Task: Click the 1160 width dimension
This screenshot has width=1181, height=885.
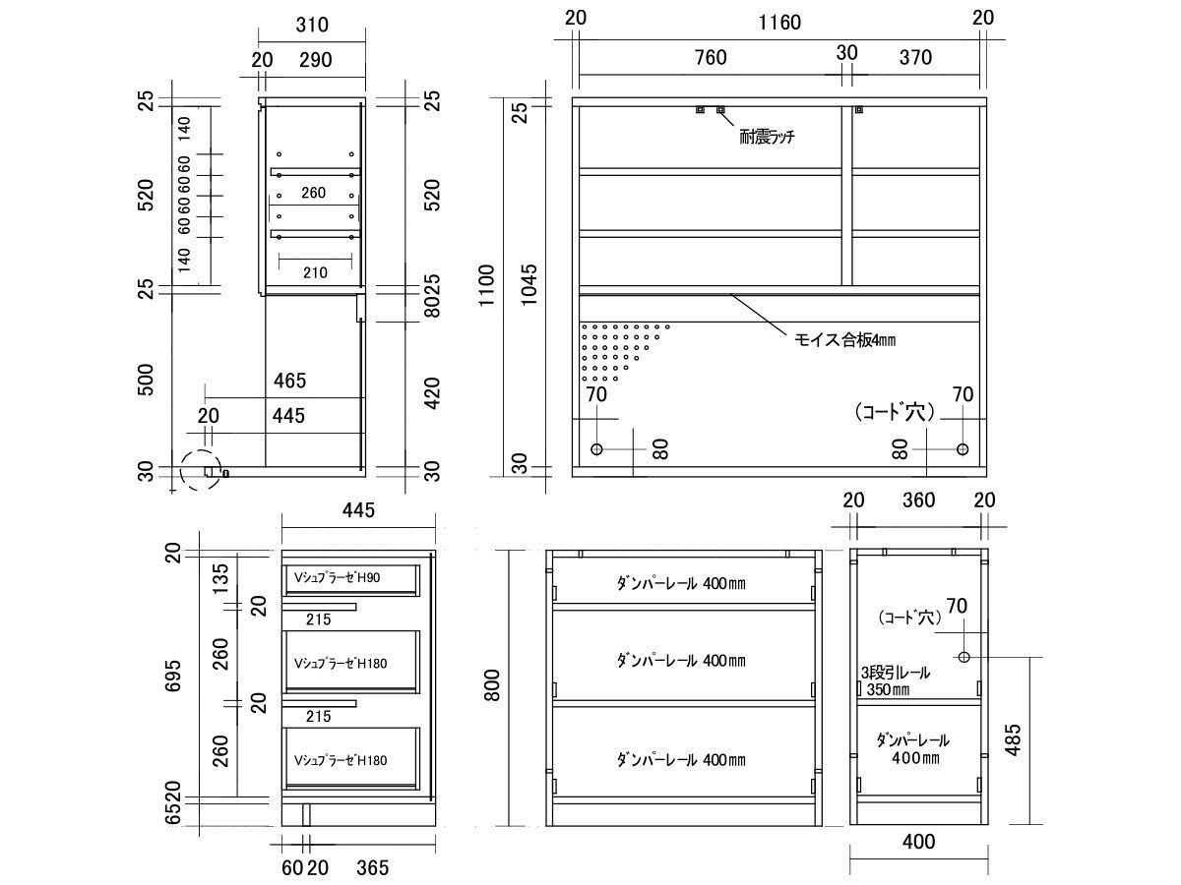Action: [x=779, y=23]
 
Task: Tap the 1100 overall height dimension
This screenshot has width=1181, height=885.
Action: [x=486, y=285]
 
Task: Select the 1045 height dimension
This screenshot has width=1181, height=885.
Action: [x=529, y=284]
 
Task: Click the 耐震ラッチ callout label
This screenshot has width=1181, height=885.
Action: [x=767, y=137]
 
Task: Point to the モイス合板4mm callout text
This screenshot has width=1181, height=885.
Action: [x=844, y=339]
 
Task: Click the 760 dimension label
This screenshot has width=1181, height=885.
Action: [x=711, y=57]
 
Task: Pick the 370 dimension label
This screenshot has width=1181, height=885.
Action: [x=915, y=57]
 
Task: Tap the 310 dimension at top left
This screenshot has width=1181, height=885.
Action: [x=312, y=25]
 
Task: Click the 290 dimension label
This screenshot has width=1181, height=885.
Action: [x=315, y=60]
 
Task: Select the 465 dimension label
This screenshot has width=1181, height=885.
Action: [x=289, y=381]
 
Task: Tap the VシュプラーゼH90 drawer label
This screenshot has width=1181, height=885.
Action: [x=337, y=577]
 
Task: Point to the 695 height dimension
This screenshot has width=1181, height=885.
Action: [x=173, y=676]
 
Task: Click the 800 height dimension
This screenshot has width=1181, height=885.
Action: [x=492, y=685]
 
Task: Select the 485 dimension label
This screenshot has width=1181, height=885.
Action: [x=1013, y=740]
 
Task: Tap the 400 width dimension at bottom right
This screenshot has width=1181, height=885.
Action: [x=918, y=842]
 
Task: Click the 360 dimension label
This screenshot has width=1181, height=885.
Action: [x=919, y=501]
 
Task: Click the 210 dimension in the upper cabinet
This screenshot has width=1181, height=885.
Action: [x=315, y=273]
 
